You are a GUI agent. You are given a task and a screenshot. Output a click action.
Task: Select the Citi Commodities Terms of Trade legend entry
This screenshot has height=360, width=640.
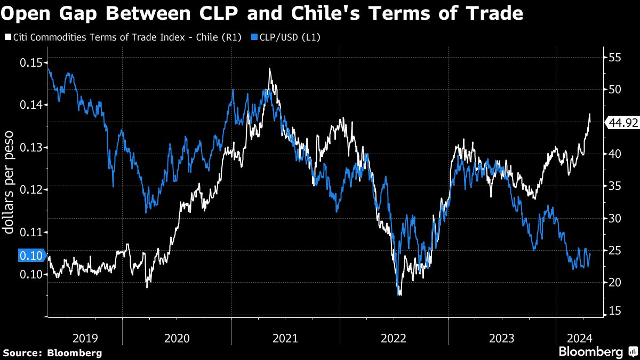[x=122, y=37]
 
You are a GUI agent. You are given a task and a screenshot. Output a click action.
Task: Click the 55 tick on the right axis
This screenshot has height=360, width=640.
[x=616, y=57]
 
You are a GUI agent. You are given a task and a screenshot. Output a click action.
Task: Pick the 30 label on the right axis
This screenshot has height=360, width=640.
[x=616, y=218]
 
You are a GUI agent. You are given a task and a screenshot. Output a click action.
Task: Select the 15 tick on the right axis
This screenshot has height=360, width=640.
[x=616, y=311]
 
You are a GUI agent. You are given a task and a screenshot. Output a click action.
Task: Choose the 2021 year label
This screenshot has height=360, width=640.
[x=285, y=338]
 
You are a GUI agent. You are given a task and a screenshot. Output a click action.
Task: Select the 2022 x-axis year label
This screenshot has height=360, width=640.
[x=394, y=338]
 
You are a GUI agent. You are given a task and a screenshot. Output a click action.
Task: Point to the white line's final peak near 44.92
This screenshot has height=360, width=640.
[x=590, y=114]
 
